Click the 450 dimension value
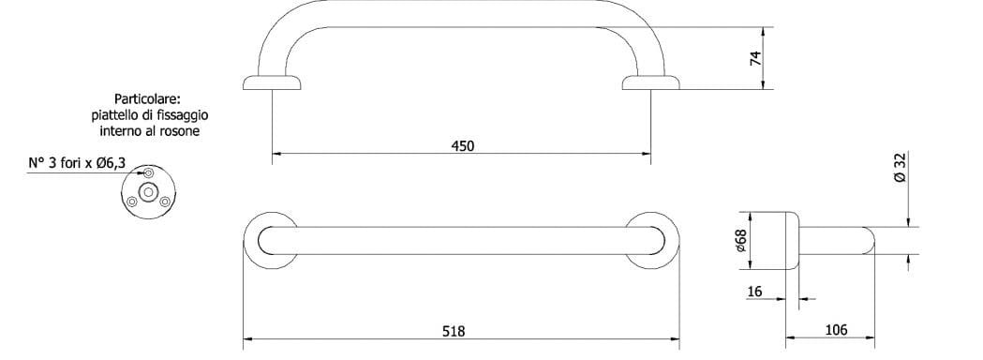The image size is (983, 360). tap(463, 145)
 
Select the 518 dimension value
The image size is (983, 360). tap(454, 330)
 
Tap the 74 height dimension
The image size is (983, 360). tap(755, 58)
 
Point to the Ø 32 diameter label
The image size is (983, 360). tap(901, 169)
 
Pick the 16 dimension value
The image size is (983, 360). tap(755, 292)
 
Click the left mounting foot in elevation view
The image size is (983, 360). tap(273, 83)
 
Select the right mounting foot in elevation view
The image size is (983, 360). tap(651, 83)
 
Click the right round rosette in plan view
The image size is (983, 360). tap(651, 240)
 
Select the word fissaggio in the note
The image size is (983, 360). tap(183, 115)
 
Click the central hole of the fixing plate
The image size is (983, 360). tap(148, 193)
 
